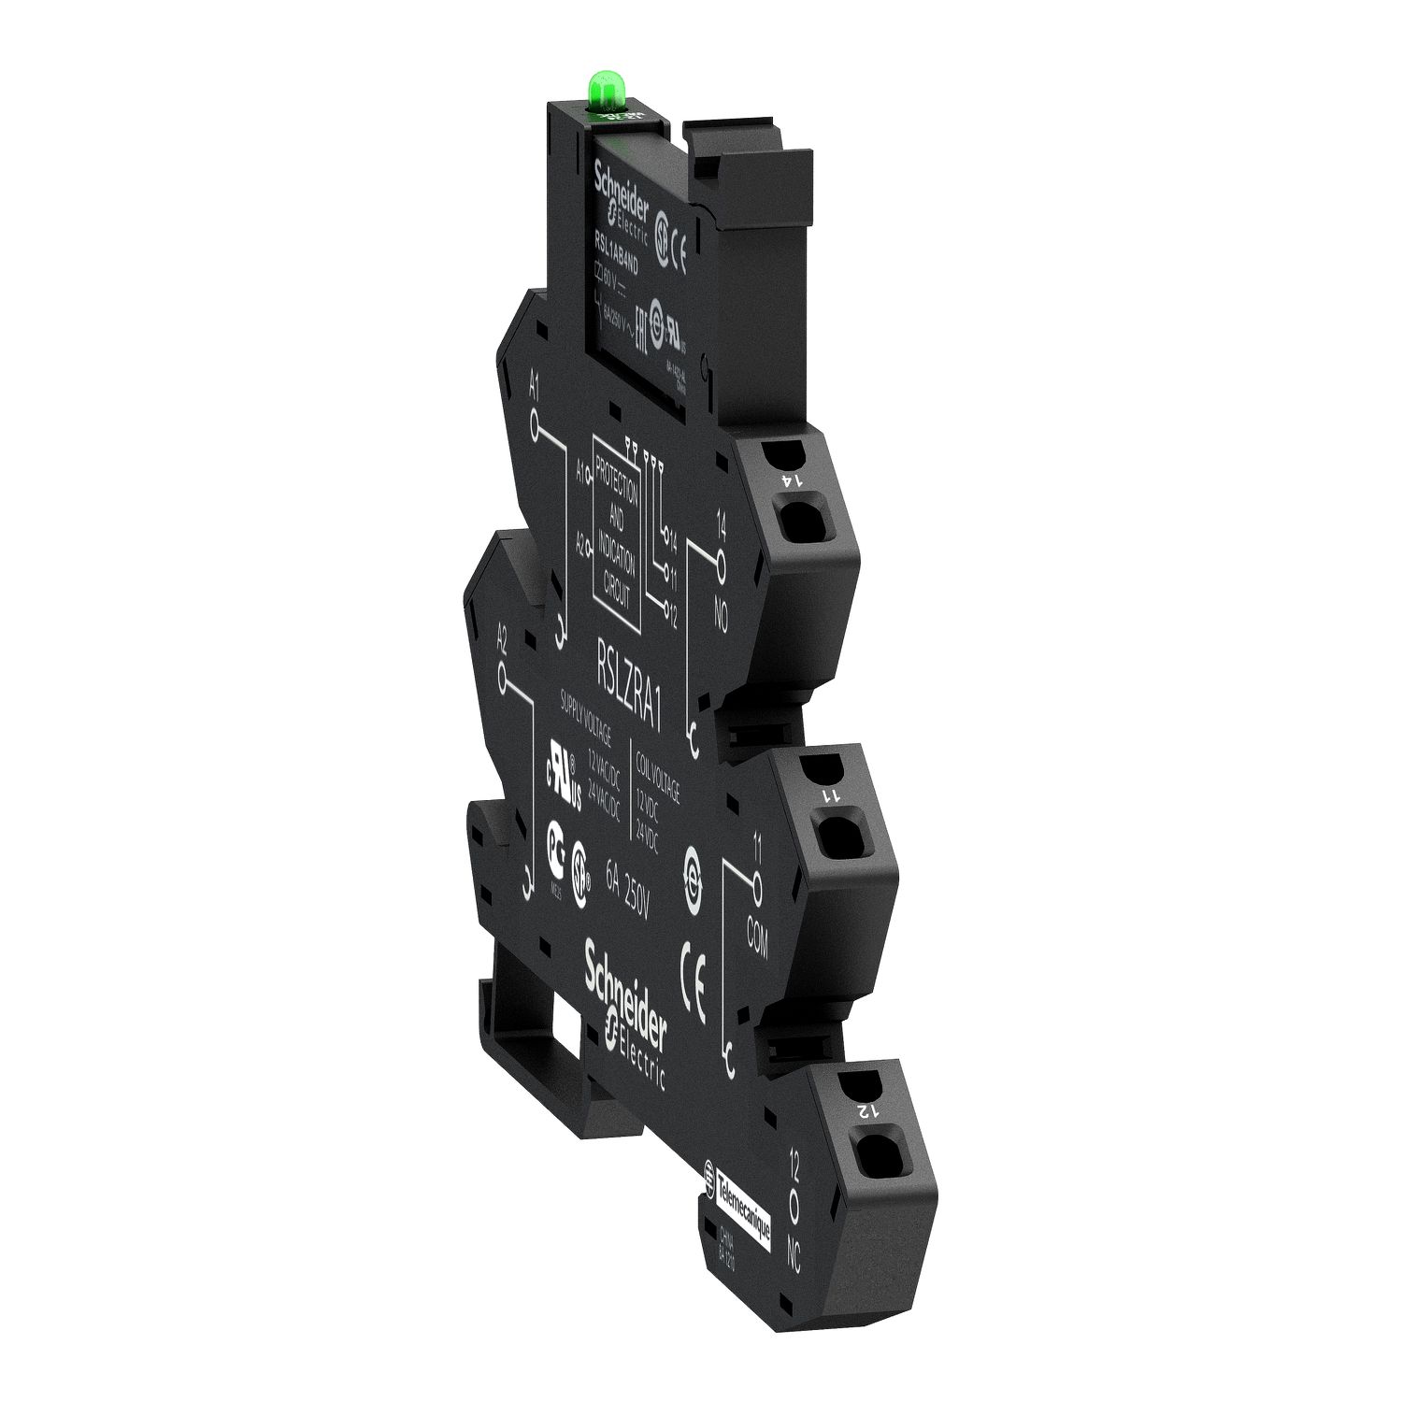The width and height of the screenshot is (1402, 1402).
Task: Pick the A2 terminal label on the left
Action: (502, 638)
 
